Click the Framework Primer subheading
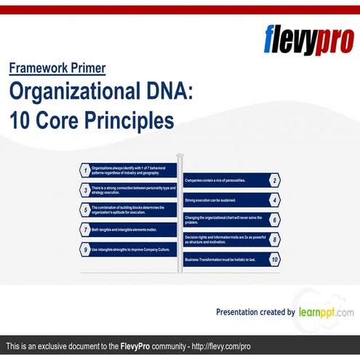[x=57, y=68]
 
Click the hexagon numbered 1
[x=85, y=170]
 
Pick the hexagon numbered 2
[x=274, y=180]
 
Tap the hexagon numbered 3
[x=85, y=190]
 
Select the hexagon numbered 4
[x=274, y=199]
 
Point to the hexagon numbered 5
[x=85, y=209]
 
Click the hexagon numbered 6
[x=274, y=219]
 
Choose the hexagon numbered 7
[x=85, y=229]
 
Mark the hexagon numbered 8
[x=274, y=239]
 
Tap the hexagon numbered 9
[x=85, y=249]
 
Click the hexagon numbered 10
[x=274, y=259]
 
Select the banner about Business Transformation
[x=224, y=259]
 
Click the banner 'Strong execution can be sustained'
[x=224, y=199]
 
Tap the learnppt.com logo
[x=326, y=311]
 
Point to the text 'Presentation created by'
[x=255, y=312]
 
